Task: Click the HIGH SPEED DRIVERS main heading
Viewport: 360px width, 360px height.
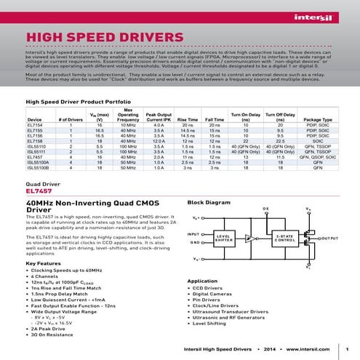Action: (x=105, y=38)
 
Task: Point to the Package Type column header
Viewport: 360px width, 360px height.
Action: (x=317, y=119)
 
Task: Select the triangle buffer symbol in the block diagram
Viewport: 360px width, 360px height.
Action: (x=250, y=238)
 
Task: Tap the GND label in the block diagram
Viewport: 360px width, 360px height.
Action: (x=193, y=241)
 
